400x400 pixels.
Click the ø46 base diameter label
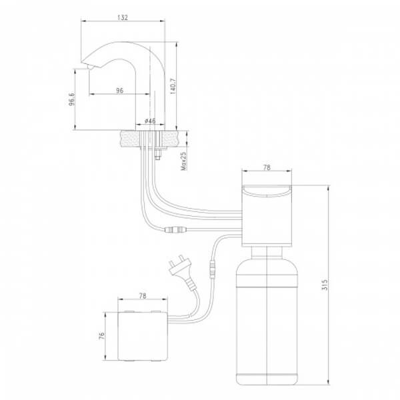click(150, 121)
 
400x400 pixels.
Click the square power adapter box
click(141, 337)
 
